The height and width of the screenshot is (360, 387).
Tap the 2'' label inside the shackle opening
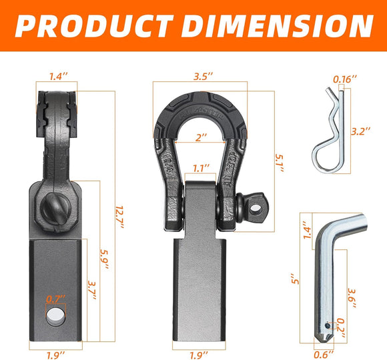(x=200, y=137)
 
